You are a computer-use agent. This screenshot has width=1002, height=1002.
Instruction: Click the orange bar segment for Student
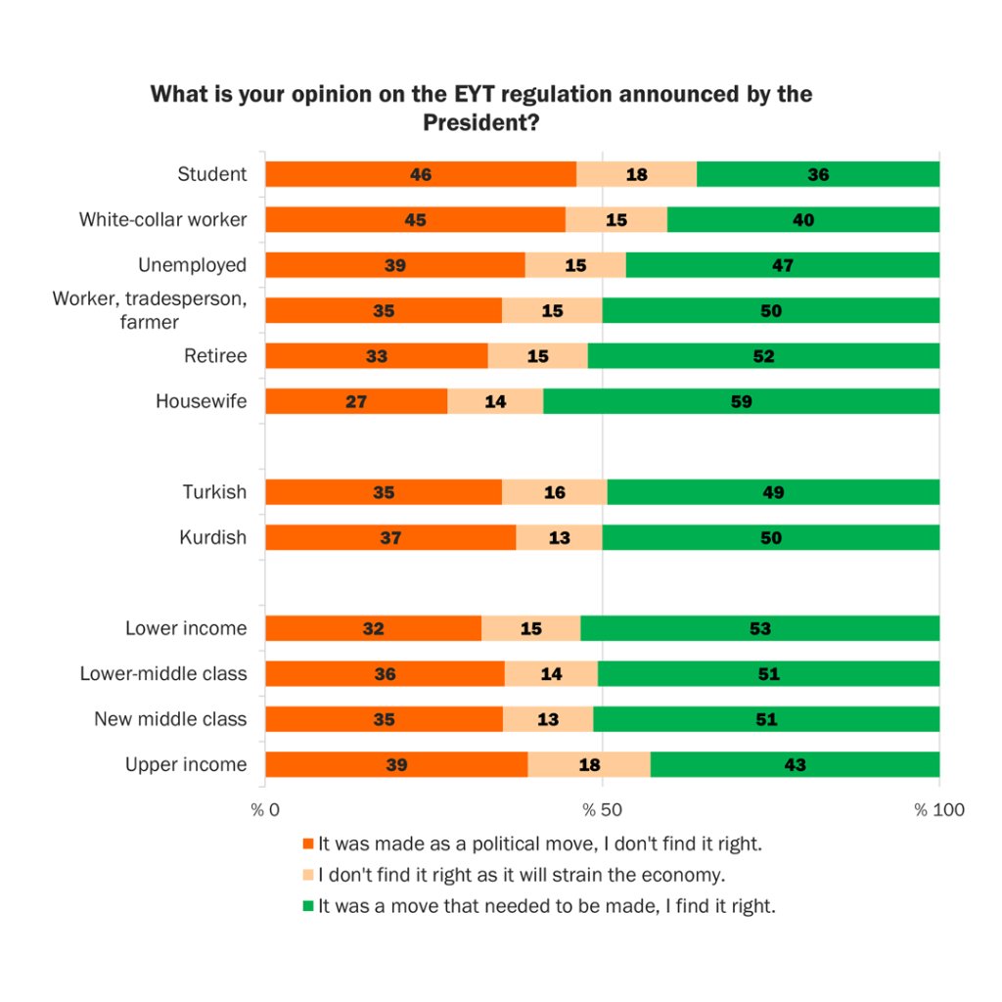[x=421, y=174]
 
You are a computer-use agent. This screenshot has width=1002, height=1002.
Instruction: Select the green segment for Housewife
[x=741, y=401]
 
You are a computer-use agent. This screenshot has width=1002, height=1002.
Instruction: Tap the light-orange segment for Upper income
[x=588, y=764]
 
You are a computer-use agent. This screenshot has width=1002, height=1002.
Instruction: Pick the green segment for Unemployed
[x=782, y=265]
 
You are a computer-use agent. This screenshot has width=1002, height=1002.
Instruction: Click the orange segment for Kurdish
[x=390, y=537]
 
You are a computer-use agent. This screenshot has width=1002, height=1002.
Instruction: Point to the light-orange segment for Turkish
[x=554, y=492]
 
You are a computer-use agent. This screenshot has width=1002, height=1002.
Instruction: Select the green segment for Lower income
[x=759, y=628]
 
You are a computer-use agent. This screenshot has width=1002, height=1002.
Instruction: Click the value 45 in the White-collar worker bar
[x=415, y=220]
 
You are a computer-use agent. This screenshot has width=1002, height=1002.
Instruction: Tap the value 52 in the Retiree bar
[x=763, y=356]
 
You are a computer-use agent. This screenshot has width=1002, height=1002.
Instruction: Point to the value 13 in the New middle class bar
[x=548, y=719]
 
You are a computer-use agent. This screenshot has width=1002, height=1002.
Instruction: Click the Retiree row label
[x=215, y=356]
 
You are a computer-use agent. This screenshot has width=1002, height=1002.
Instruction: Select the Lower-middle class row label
[x=163, y=673]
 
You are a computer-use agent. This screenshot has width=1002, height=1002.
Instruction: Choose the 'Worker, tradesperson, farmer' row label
[x=150, y=309]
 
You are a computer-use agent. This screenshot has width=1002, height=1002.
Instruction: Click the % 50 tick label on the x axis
[x=602, y=810]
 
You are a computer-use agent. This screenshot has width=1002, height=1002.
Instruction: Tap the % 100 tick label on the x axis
[x=939, y=810]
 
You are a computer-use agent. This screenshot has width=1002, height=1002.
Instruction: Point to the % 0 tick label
[x=265, y=810]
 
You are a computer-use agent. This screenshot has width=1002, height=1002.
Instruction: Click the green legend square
[x=308, y=906]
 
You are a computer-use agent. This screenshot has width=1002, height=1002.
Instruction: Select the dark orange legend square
[x=308, y=843]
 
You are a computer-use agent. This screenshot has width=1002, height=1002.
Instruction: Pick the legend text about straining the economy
[x=521, y=875]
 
